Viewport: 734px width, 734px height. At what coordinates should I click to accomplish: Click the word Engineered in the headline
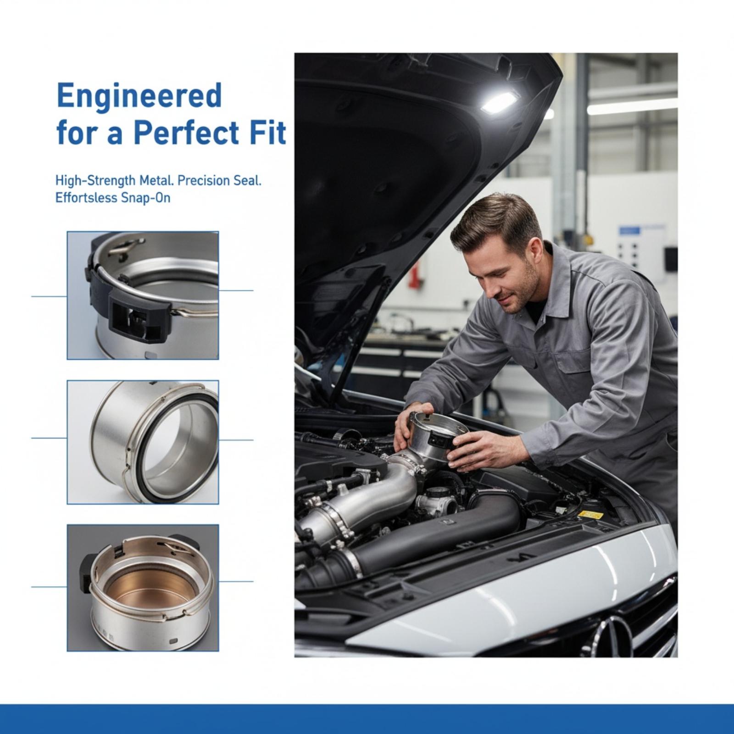click(139, 96)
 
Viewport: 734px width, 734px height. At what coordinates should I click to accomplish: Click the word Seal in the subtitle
click(246, 180)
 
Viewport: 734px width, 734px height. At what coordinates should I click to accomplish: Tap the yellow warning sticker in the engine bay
click(591, 515)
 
